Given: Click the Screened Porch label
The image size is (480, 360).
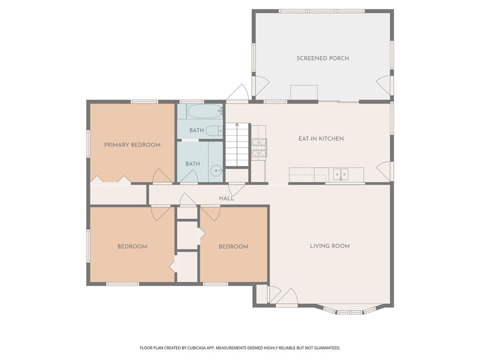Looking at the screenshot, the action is pos(322,58).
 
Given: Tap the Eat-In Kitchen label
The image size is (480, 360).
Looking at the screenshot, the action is pos(321,139).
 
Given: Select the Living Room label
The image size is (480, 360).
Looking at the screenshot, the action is pos(330,246).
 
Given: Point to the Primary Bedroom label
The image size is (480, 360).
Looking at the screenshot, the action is pos(132,145).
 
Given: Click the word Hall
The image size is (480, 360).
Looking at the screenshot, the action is pos(226,198).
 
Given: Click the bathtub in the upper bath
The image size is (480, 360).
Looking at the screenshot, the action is pos(204,111).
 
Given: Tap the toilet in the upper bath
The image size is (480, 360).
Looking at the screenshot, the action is pos(214,131).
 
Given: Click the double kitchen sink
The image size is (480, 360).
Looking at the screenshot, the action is pos(340,174).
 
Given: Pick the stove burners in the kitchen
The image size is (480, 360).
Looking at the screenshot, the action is pos(259,148).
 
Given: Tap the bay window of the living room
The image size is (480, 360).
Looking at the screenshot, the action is pos(349,310).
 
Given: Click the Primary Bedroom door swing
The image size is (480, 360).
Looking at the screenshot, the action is pos(162,176).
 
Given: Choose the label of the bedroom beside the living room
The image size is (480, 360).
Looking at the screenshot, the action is pos(233,247).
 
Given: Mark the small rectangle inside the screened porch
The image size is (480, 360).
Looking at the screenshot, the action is pos(304,92).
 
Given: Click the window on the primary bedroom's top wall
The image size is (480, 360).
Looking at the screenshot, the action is pos(144,102).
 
